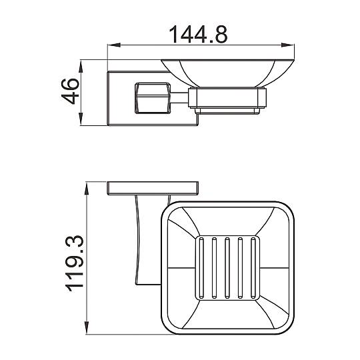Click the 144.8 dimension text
pos(198,35)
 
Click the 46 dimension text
pos(70,91)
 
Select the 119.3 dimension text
pos(74,263)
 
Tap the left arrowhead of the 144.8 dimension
pos(114,45)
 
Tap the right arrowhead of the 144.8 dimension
pos(288,45)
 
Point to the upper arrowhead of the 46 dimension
pos(81,66)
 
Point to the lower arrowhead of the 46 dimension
pos(81,119)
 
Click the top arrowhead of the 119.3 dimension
pos(87,189)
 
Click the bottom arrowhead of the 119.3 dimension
pos(87,328)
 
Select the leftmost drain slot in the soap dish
pos(201,268)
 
